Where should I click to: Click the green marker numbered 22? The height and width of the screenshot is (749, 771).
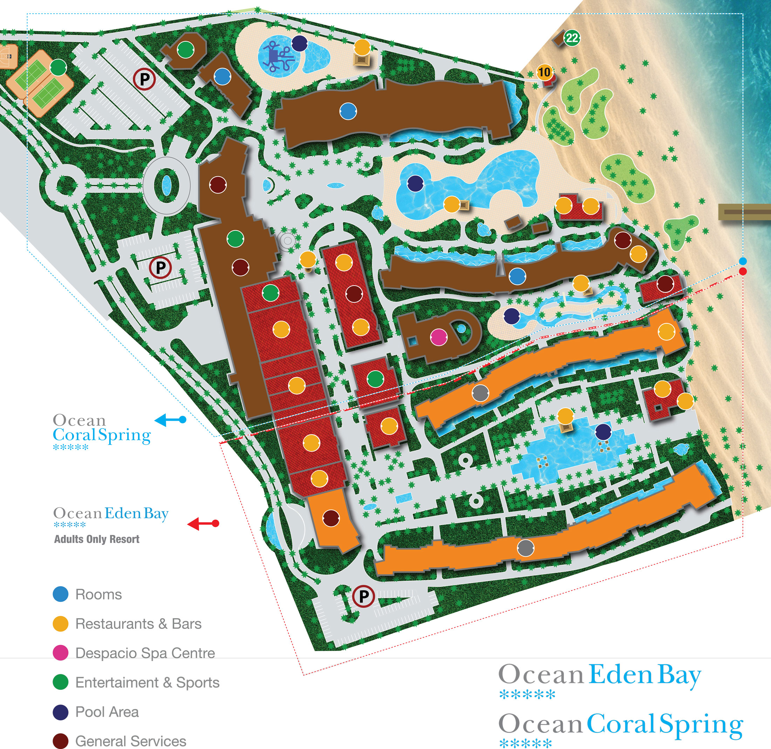tap(572, 38)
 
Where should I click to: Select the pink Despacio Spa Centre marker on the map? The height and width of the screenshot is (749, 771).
tap(438, 337)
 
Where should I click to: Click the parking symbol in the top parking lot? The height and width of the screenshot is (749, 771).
tap(144, 80)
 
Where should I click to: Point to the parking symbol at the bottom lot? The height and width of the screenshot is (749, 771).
tap(363, 596)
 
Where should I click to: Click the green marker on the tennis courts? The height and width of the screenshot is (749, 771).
tap(58, 67)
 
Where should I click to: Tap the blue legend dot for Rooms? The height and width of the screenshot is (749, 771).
tap(61, 594)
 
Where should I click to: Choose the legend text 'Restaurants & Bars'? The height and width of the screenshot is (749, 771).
tap(138, 624)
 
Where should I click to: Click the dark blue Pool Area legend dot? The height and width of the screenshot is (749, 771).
tap(61, 712)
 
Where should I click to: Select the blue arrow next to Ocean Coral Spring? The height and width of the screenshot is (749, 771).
tap(170, 420)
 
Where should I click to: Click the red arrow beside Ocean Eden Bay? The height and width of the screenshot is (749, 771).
tap(203, 524)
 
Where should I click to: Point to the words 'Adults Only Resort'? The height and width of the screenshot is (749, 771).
tap(97, 539)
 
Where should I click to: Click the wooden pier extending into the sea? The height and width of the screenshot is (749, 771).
tap(744, 212)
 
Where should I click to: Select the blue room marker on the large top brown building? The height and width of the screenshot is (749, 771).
tap(348, 111)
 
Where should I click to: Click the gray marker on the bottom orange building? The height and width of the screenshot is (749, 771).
tap(525, 548)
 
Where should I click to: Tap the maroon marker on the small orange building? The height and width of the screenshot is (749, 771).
tap(330, 518)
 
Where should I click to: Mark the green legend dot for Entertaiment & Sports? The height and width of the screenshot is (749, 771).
tap(61, 682)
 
